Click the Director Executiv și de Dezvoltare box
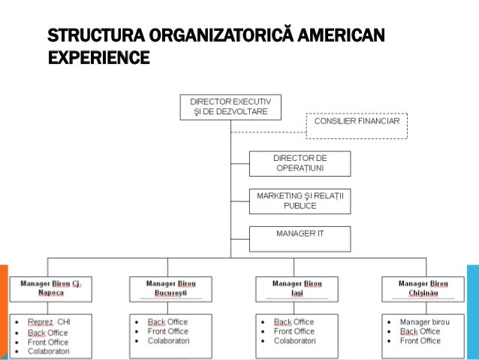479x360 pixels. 230,106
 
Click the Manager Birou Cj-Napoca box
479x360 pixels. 51,288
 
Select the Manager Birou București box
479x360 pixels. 169,288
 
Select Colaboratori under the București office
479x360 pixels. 168,340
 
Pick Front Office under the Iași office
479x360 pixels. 294,331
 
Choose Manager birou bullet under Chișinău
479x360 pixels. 425,322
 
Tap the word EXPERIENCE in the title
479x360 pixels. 98,56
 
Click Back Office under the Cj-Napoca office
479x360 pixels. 47,332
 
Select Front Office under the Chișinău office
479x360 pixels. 420,341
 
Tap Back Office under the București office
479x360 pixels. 167,322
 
